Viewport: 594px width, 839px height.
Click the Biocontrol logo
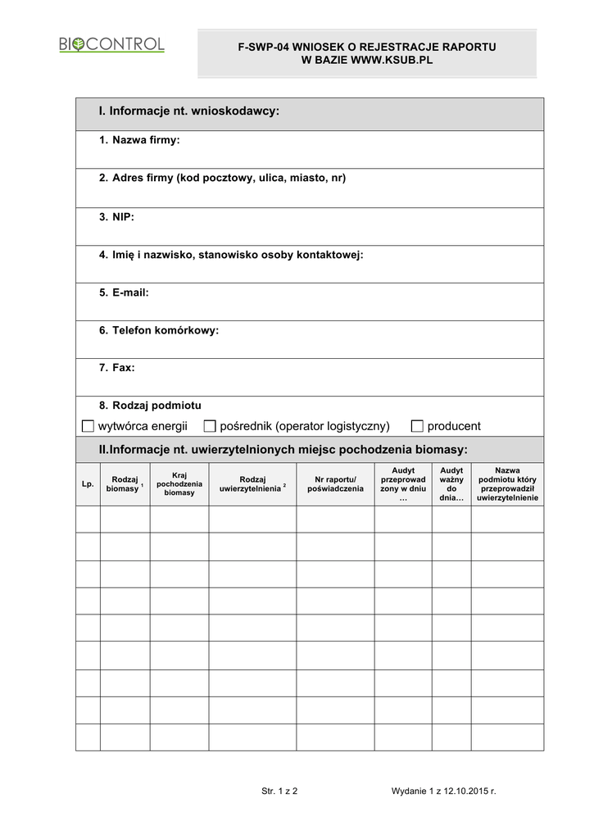tap(111, 45)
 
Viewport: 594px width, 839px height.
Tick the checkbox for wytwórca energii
tap(88, 426)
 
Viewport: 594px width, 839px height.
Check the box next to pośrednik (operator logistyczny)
tap(210, 426)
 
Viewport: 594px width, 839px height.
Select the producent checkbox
tap(417, 426)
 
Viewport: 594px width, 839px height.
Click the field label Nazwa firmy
tap(146, 141)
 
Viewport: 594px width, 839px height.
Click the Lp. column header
tap(88, 484)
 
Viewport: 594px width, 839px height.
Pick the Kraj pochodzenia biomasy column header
tap(179, 484)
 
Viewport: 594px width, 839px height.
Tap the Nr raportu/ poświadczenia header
tap(335, 484)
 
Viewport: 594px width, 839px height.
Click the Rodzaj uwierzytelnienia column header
tap(252, 484)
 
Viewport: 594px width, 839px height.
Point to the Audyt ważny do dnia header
tap(451, 484)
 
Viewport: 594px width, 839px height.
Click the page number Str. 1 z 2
tap(279, 791)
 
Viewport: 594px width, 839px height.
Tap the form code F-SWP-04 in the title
tap(260, 48)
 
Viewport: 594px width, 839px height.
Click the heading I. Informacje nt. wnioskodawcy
tap(189, 111)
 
